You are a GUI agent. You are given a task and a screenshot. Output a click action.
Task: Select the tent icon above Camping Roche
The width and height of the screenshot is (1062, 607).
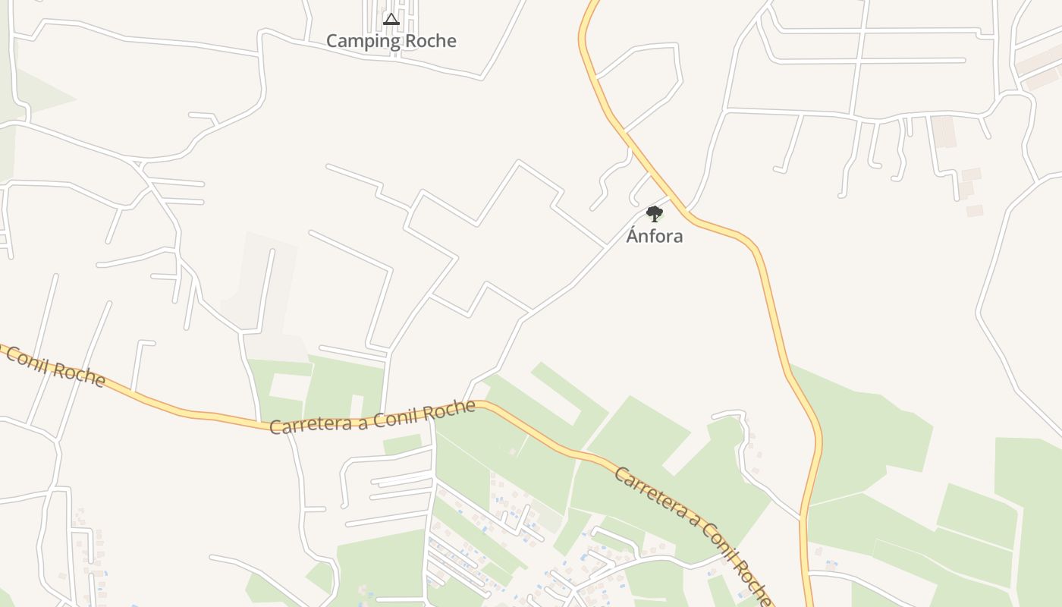click(391, 19)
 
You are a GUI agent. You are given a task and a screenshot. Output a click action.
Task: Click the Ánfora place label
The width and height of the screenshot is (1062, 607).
click(654, 236)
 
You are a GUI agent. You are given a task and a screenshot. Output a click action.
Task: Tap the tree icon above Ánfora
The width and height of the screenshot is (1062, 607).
click(654, 214)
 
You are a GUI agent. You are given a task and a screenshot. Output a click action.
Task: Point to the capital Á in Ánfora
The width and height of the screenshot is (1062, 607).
click(633, 235)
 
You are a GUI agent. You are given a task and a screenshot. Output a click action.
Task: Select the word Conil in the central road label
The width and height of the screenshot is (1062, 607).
click(392, 415)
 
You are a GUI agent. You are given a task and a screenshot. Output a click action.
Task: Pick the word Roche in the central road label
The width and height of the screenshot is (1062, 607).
click(448, 410)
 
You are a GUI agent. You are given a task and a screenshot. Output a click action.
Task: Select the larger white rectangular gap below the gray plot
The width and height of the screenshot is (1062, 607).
click(290, 386)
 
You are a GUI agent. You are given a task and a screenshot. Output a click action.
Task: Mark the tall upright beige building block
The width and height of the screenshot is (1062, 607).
click(944, 132)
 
